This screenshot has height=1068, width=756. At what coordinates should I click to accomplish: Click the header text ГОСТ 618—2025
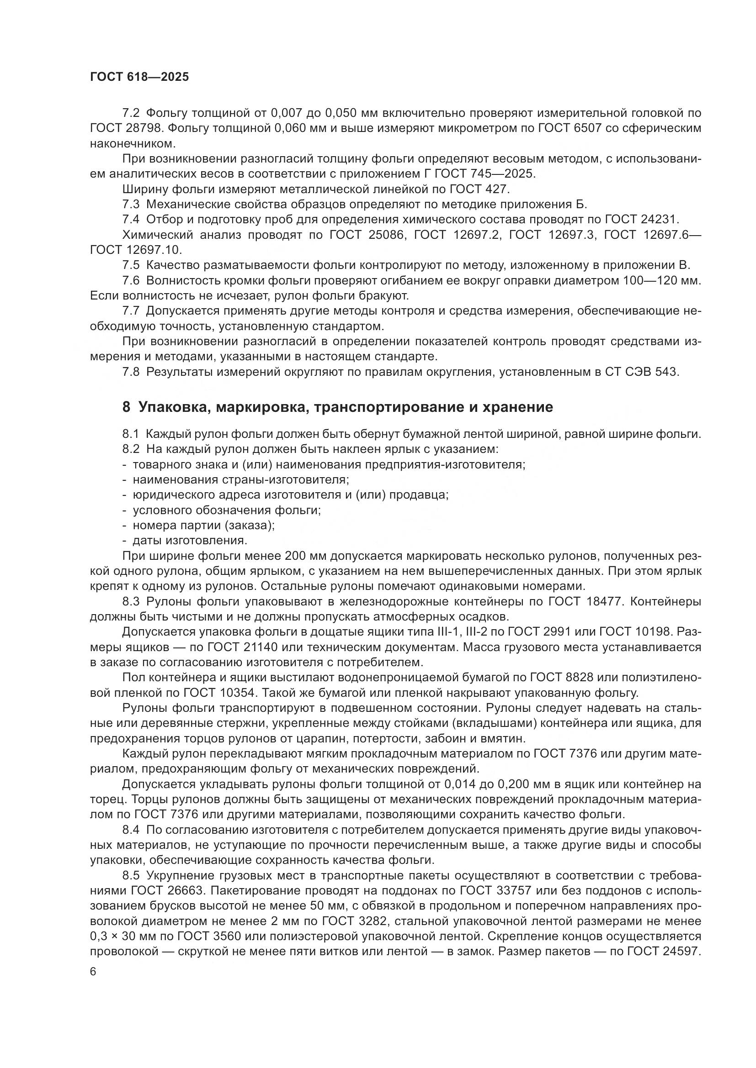point(140,77)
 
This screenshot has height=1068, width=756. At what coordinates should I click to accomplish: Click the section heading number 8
point(126,407)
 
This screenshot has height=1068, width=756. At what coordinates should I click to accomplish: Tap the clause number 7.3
point(131,204)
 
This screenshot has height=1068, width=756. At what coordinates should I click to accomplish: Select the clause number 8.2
point(131,449)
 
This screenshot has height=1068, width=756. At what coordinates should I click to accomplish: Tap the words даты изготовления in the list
point(190,540)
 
